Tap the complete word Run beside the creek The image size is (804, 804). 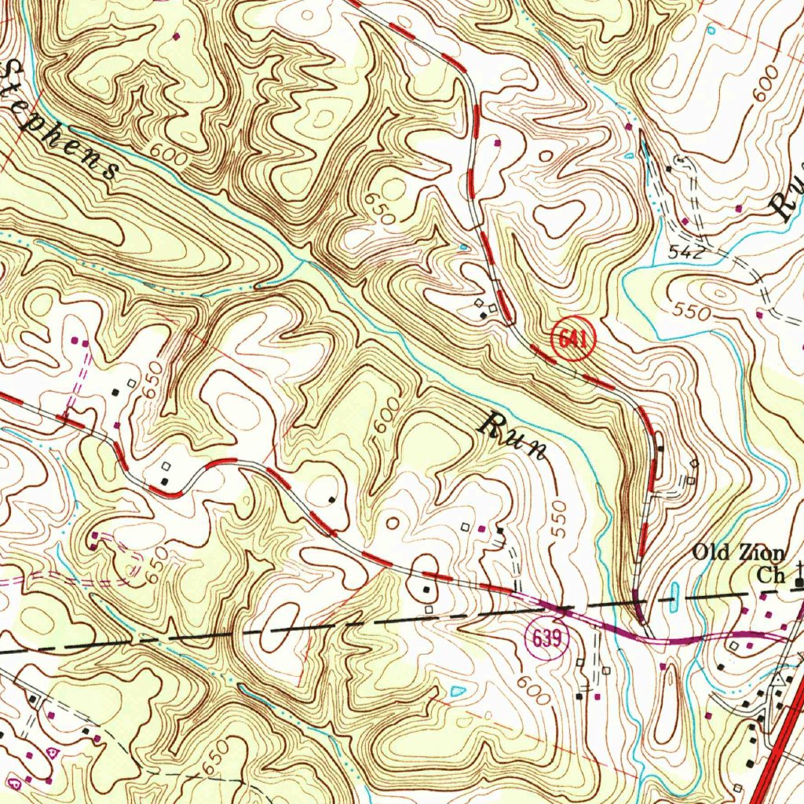513,435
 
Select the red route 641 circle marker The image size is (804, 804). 574,339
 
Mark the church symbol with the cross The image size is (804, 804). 799,576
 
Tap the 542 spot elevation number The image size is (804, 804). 685,253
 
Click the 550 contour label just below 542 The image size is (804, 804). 690,311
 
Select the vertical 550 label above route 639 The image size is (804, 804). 558,519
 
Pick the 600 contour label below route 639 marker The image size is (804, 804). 535,691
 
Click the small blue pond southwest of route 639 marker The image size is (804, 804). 457,691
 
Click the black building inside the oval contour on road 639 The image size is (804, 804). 426,587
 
